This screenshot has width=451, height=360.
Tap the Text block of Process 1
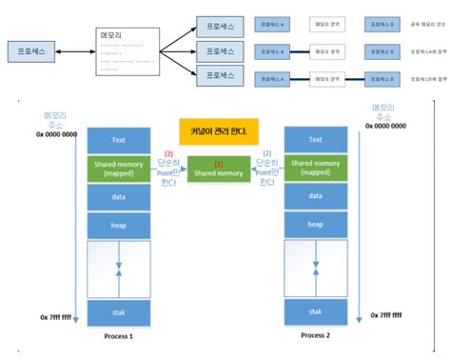click(x=119, y=140)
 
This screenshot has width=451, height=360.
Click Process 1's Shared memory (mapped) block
click(x=119, y=168)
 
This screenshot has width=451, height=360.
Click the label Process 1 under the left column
click(x=119, y=336)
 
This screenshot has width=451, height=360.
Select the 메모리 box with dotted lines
click(x=127, y=50)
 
